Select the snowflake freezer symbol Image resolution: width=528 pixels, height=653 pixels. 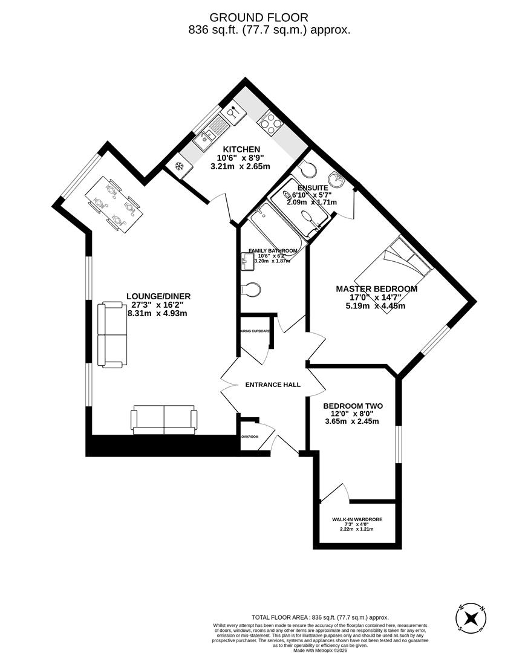pos(179,167)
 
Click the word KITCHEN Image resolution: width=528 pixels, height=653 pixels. pos(241,149)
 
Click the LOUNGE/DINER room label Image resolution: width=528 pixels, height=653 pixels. pos(158,296)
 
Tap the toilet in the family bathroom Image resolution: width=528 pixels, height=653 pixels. pos(250,290)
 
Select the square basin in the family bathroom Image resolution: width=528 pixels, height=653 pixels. pos(247,261)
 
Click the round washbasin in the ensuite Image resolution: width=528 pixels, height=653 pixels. pos(336,179)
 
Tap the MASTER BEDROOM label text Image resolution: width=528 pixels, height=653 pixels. pos(376,289)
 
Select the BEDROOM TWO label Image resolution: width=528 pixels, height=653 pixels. pos(353,406)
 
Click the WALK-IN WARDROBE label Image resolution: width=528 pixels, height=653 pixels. pos(357,519)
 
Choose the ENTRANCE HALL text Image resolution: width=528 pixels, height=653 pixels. pos(272,385)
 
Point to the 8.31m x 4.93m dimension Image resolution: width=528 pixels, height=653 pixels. pos(157,313)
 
